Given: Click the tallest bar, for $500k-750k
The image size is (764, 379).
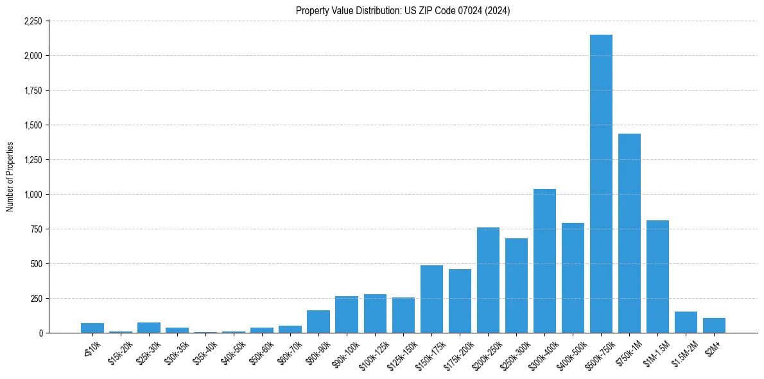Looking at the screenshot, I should tap(601, 184).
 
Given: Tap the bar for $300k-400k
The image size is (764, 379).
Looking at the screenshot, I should tap(544, 261).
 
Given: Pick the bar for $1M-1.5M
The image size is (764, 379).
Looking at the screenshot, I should tap(657, 277).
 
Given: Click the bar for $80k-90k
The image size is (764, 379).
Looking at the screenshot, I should tap(318, 322).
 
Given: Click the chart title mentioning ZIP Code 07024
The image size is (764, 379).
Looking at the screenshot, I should tap(403, 11).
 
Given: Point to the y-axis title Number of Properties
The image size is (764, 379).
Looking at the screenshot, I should tap(10, 177).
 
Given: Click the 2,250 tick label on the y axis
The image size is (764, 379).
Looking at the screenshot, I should tap(33, 21).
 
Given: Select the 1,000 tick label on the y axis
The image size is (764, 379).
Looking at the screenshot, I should tap(33, 195).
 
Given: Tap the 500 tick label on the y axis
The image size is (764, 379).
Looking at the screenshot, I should tap(36, 264).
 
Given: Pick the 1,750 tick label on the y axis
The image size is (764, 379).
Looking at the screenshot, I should tap(33, 91).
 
